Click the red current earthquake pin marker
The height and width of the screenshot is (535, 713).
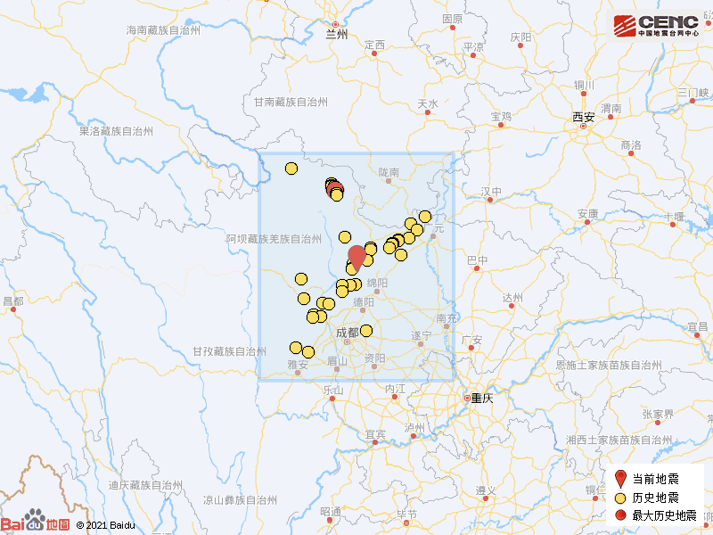(356, 257)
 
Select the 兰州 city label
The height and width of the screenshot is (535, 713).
(337, 36)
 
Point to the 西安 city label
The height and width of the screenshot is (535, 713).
(583, 117)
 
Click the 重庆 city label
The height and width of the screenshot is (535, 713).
(481, 399)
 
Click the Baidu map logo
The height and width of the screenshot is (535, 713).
(36, 523)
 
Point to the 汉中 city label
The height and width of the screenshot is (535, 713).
(491, 192)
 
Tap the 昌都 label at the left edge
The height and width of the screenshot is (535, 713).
(12, 301)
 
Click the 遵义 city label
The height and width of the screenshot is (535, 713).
(486, 491)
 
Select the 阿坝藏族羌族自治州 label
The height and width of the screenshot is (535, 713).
(273, 239)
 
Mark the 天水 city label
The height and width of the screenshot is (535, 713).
(428, 104)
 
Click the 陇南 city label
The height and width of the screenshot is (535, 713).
(389, 171)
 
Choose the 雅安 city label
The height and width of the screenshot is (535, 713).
(298, 364)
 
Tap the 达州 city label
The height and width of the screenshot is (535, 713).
(512, 298)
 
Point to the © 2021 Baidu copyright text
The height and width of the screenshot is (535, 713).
(105, 526)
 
